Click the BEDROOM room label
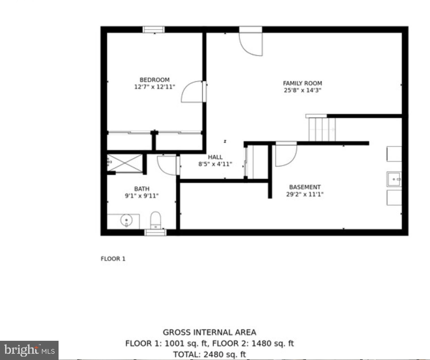pyautogui.click(x=154, y=80)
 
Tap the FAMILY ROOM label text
pyautogui.click(x=302, y=83)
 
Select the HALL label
pyautogui.click(x=215, y=157)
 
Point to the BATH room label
pyautogui.click(x=142, y=189)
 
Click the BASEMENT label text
pyautogui.click(x=305, y=187)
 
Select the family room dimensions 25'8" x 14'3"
pyautogui.click(x=302, y=90)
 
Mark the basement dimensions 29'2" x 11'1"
pyautogui.click(x=305, y=194)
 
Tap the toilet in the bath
pyautogui.click(x=155, y=220)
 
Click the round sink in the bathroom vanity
pyautogui.click(x=126, y=220)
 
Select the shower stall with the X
pyautogui.click(x=125, y=163)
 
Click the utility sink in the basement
pyautogui.click(x=394, y=179)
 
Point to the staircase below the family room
pyautogui.click(x=322, y=129)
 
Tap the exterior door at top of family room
pyautogui.click(x=251, y=42)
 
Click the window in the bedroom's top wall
pyautogui.click(x=153, y=30)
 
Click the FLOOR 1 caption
pyautogui.click(x=113, y=259)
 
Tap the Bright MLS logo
pyautogui.click(x=29, y=350)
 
